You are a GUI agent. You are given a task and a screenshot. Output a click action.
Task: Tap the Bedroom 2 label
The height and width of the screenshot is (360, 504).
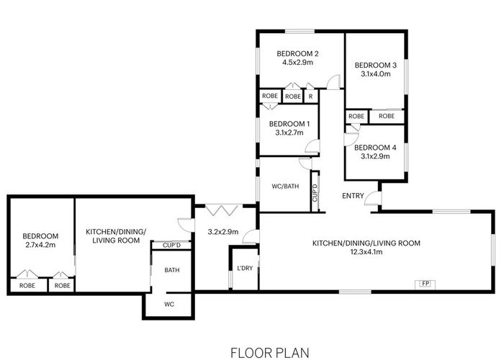(297, 53)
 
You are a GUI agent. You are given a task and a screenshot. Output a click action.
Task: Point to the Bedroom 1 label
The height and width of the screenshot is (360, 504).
(287, 123)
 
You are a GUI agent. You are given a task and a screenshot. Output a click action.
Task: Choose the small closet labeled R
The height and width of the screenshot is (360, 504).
(310, 96)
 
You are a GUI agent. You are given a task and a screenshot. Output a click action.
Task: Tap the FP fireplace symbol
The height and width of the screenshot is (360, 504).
(426, 283)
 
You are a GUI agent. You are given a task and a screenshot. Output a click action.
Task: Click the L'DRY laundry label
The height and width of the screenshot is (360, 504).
(243, 269)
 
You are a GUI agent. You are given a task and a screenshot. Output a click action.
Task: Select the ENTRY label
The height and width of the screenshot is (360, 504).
(353, 195)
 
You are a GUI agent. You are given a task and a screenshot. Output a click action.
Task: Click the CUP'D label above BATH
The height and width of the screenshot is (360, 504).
(171, 246)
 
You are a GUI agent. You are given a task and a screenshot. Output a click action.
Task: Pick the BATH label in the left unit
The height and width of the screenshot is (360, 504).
(171, 271)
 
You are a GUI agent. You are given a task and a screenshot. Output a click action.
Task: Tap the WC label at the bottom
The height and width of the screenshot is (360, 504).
(170, 305)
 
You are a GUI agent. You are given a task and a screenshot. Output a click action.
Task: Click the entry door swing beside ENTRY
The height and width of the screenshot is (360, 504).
(372, 197)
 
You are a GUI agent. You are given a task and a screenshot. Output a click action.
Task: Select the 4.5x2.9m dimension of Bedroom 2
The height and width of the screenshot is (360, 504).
(297, 63)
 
